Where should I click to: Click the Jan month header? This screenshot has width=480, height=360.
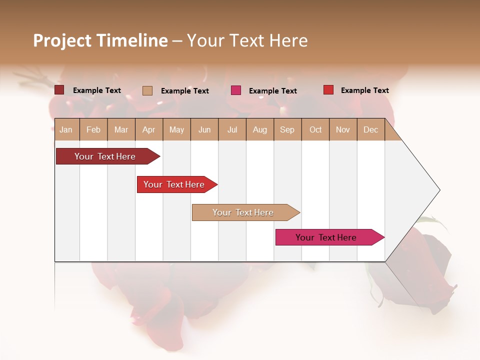66,129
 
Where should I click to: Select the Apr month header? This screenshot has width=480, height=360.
148,129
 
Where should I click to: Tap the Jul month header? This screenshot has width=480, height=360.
232,129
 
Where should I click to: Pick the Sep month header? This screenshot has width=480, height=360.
287,129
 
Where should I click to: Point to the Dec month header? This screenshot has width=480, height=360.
370,129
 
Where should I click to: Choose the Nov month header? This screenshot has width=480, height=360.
342,129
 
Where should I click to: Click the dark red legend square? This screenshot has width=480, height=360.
59,90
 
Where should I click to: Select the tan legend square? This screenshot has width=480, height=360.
147,90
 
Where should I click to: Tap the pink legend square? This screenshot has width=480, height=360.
236,90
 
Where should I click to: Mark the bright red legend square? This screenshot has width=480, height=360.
328,90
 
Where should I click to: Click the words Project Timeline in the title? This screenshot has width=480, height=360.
100,40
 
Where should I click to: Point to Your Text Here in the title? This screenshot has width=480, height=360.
247,40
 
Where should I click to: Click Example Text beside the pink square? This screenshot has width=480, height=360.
272,91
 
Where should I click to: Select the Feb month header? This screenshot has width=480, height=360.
93,129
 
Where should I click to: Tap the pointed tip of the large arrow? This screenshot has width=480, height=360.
438,190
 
